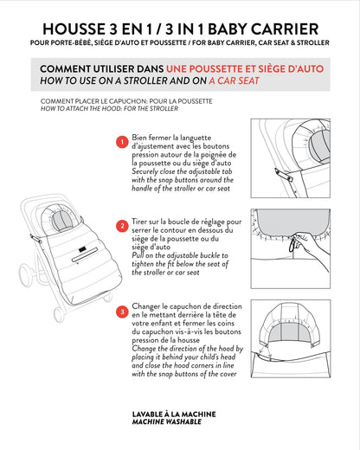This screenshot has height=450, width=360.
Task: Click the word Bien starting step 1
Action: point(139,137)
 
